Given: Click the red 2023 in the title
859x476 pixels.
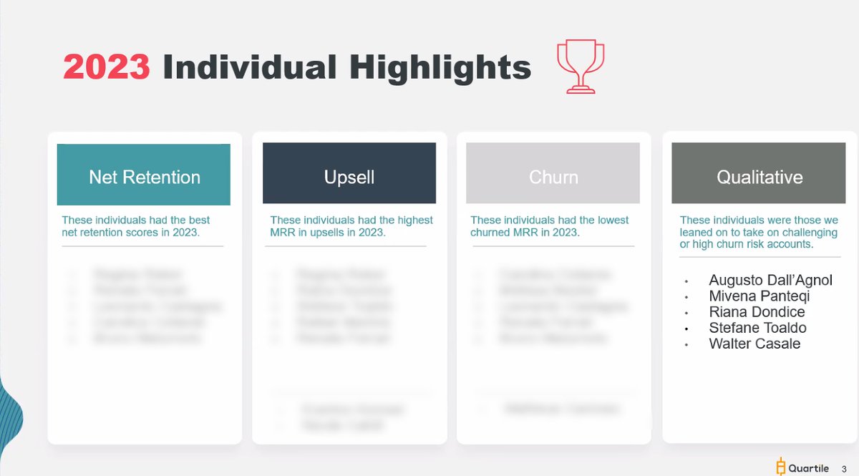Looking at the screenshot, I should (107, 67).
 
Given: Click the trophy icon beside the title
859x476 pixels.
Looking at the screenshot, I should (580, 67).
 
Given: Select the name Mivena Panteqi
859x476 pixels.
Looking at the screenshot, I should (759, 296).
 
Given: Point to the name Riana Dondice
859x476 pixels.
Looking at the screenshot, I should (757, 312).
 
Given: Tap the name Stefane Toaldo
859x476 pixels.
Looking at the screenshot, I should (757, 328).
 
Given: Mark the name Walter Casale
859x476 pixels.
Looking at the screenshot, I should (754, 344).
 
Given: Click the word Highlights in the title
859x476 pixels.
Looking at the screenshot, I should (440, 67).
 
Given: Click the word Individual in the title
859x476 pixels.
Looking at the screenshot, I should (250, 67).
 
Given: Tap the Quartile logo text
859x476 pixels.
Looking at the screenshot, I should (809, 468).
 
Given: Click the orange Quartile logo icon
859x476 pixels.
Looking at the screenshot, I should (781, 467).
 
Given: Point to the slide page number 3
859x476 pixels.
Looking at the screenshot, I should (844, 469).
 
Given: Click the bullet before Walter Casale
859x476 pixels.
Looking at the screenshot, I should (686, 345).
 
